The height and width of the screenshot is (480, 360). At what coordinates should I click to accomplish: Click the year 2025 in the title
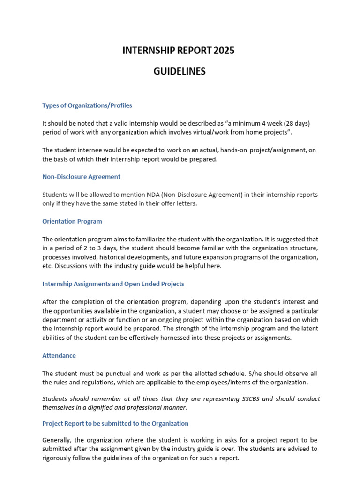pyautogui.click(x=223, y=51)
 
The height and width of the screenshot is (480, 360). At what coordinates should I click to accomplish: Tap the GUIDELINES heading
pyautogui.click(x=180, y=72)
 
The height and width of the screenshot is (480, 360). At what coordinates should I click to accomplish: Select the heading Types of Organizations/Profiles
pyautogui.click(x=87, y=105)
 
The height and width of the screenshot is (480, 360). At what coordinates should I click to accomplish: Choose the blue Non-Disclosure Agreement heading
pyautogui.click(x=81, y=177)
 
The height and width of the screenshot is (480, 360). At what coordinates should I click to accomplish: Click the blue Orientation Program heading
pyautogui.click(x=72, y=221)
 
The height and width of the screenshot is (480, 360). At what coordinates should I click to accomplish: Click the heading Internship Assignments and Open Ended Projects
pyautogui.click(x=113, y=284)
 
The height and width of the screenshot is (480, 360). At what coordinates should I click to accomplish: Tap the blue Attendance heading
pyautogui.click(x=59, y=355)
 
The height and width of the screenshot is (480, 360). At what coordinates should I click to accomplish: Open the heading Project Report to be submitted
pyautogui.click(x=115, y=423)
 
